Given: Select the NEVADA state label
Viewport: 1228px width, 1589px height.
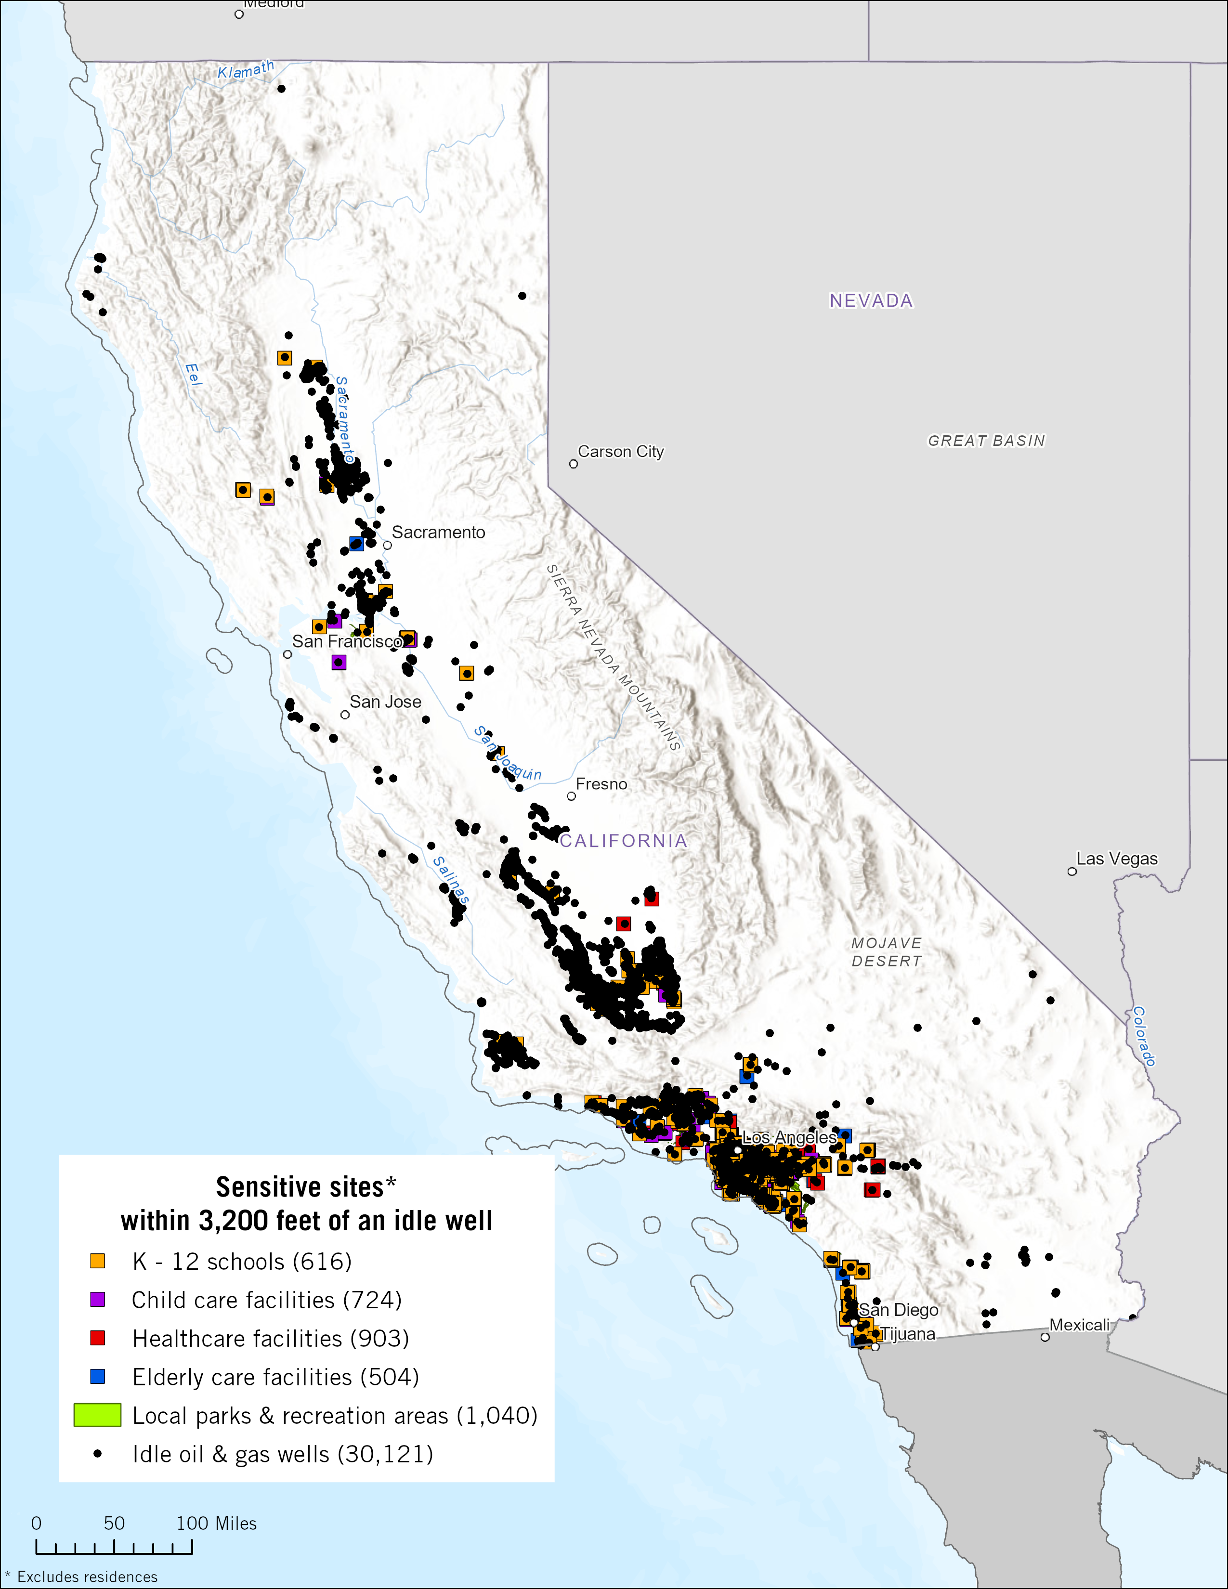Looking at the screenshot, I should pos(871,300).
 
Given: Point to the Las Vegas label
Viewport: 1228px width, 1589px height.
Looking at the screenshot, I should pos(1117,859).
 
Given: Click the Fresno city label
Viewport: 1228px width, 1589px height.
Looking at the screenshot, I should pos(601,784).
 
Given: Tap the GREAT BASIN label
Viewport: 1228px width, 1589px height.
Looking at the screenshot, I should pos(986,441).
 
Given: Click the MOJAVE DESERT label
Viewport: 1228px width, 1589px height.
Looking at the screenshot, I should pos(887,951).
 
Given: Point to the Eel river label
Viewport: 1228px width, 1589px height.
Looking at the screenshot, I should pos(193,374).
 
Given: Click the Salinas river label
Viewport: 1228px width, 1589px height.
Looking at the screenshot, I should pos(451,880).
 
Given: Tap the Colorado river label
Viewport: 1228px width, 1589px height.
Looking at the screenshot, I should pos(1144,1036).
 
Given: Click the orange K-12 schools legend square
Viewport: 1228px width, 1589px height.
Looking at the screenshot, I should pos(97,1261).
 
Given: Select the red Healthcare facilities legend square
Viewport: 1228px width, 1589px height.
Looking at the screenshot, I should pos(97,1338).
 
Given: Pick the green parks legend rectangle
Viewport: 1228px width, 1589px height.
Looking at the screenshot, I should pos(97,1415).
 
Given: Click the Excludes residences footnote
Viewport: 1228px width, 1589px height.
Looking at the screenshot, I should pos(87,1576).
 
